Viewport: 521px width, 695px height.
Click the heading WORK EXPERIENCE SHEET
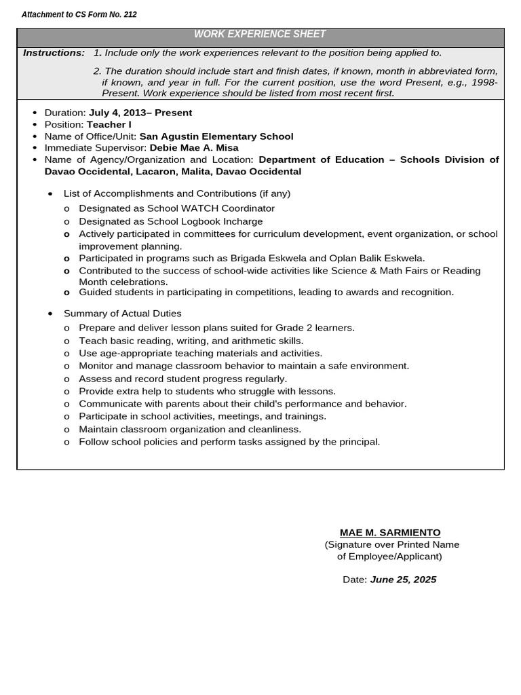pos(260,34)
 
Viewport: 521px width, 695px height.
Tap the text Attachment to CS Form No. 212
pos(79,14)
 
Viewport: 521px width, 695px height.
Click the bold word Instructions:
pos(54,53)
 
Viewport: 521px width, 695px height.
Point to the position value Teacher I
pos(109,125)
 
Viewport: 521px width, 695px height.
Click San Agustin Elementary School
pos(216,136)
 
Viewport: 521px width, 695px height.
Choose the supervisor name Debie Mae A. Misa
pos(194,148)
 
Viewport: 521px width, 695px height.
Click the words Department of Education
pos(321,159)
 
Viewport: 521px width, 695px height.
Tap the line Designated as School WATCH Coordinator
pos(176,208)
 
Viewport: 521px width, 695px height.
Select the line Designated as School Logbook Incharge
pos(170,221)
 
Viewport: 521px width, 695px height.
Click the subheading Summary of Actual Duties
pos(122,314)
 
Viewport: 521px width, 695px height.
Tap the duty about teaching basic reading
pos(191,341)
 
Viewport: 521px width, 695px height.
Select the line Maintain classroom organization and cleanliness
pos(190,430)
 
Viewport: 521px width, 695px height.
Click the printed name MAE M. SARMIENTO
pos(390,533)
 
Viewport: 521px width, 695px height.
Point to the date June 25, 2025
pos(403,580)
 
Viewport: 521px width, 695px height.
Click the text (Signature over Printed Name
pos(391,544)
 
